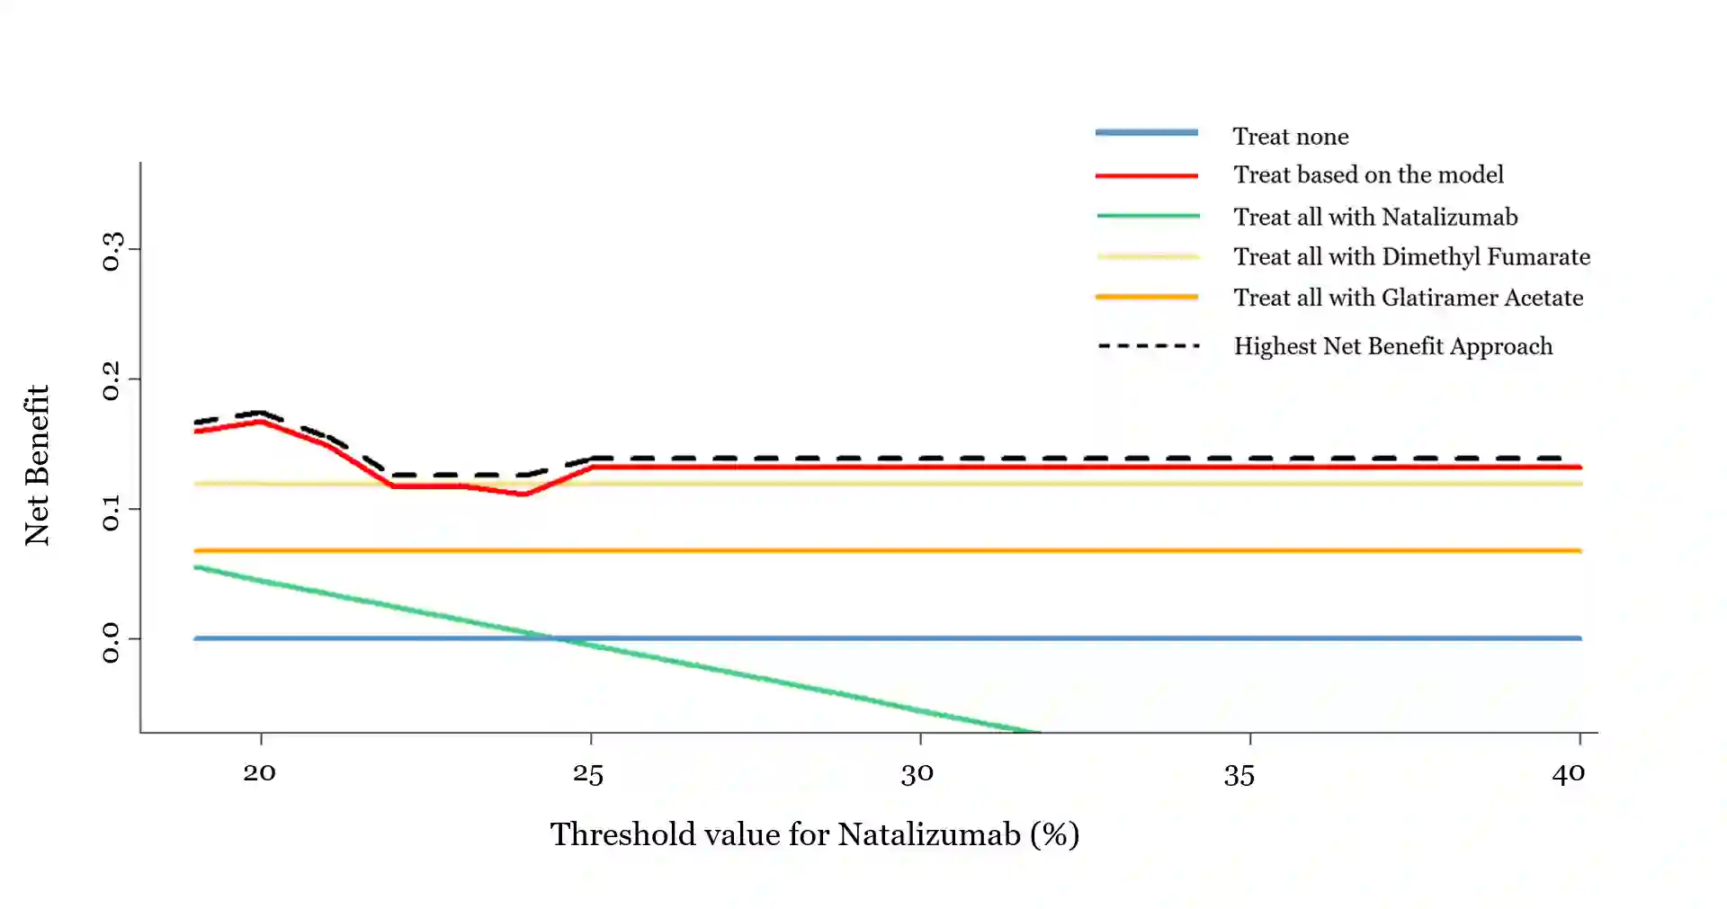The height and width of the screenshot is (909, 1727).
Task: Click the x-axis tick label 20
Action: coord(260,772)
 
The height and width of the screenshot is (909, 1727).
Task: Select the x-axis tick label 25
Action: coord(588,773)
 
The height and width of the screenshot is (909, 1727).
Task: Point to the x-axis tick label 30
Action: coord(917,773)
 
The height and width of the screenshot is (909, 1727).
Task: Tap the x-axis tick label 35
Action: coord(1239,775)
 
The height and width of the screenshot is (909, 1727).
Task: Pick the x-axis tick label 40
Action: coord(1569,773)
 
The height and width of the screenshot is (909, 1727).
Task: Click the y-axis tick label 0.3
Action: coord(112,251)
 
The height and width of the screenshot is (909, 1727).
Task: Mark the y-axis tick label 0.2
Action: coord(112,380)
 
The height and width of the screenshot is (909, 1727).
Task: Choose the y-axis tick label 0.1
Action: coord(112,511)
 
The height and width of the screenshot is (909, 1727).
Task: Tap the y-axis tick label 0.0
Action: coord(112,642)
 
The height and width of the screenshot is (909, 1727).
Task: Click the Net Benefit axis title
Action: coord(37,465)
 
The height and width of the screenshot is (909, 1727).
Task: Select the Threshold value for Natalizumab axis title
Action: coord(815,834)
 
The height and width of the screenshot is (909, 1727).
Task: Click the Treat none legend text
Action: coord(1291,137)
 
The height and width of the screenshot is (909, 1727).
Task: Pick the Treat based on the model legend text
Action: coord(1368,174)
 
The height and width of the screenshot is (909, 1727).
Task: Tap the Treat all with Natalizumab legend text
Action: coord(1375,217)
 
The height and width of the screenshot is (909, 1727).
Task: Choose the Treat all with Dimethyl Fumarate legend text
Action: coord(1411,256)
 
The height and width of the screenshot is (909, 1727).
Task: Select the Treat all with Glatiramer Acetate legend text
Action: coord(1408,298)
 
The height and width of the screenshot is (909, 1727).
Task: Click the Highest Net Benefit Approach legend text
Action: coord(1392,346)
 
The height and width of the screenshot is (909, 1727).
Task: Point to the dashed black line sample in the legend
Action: coord(1149,346)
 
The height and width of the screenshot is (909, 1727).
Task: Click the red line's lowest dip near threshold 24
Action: coord(524,494)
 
